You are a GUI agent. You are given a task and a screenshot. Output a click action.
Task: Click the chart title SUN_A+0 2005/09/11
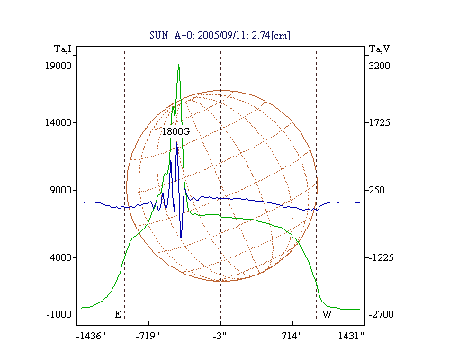(220, 35)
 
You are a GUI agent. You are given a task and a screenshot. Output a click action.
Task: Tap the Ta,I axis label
(63, 49)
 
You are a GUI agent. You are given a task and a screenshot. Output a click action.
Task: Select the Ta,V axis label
(379, 49)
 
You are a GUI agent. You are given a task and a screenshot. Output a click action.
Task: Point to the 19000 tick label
(58, 66)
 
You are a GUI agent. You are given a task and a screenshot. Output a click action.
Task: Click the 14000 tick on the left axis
(58, 122)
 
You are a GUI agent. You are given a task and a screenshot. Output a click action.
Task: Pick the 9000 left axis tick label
(61, 190)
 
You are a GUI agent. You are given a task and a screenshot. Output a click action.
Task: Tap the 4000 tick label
(61, 257)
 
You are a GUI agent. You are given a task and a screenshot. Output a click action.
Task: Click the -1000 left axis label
(58, 314)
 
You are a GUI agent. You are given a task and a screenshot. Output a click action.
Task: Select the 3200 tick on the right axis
(379, 66)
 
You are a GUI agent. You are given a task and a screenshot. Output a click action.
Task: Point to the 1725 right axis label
(379, 122)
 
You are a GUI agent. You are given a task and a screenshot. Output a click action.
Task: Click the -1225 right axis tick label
(381, 257)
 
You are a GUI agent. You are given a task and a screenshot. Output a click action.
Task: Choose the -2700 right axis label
(381, 314)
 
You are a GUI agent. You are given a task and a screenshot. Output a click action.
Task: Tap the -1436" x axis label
(91, 336)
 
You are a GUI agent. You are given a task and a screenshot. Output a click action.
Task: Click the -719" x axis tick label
(148, 336)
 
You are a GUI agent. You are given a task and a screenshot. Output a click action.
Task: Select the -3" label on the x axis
(220, 336)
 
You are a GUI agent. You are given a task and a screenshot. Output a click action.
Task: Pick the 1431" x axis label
(351, 336)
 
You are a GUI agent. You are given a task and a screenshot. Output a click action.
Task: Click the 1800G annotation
(176, 131)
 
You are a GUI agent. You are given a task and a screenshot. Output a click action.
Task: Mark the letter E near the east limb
(118, 314)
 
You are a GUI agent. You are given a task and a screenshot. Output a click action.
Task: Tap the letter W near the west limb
(327, 314)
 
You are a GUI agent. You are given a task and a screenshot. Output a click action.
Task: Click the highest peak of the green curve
(178, 65)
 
